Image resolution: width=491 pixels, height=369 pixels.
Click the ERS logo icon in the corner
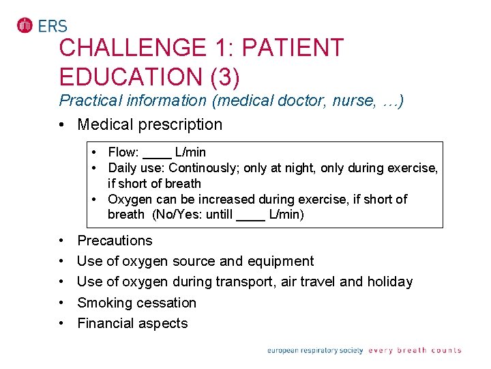(x=25, y=25)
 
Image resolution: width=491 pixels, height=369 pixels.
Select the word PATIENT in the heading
(x=293, y=49)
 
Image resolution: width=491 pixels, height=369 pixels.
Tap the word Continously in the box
(x=203, y=167)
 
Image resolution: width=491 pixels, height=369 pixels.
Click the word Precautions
(x=115, y=241)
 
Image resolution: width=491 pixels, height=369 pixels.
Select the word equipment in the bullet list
(x=282, y=261)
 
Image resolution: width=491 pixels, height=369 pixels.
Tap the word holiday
(x=389, y=282)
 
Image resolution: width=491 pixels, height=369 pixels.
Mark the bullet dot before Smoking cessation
(x=62, y=303)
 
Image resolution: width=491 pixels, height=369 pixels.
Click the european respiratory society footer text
(x=314, y=351)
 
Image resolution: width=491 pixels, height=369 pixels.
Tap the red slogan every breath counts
(x=415, y=351)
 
